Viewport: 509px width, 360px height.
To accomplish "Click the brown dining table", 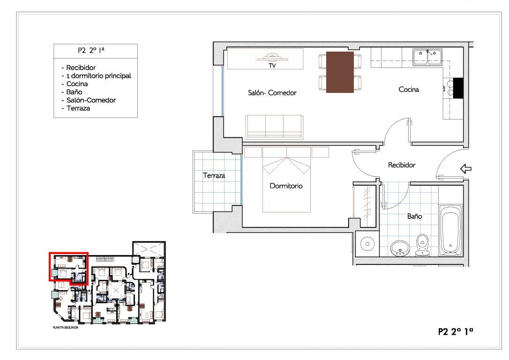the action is click(340, 72).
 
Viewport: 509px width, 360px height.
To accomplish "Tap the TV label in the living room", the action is click(272, 66).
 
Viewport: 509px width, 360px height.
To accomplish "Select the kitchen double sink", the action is click(427, 57).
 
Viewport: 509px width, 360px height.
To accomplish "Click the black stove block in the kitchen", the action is click(458, 88).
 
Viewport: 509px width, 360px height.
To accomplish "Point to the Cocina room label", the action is click(409, 89).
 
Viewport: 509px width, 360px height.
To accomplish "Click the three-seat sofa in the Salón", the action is click(274, 127).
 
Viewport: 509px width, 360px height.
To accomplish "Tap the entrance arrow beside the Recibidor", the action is click(466, 169).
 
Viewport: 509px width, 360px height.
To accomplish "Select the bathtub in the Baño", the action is click(450, 230).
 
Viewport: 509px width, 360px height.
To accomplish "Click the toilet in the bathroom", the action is click(422, 246).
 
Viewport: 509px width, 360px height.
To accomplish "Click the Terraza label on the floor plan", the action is click(214, 176).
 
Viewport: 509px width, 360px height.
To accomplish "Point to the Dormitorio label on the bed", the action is click(286, 186).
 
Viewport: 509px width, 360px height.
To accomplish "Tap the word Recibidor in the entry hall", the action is click(402, 165).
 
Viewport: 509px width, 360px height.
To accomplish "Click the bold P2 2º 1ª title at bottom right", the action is click(456, 331).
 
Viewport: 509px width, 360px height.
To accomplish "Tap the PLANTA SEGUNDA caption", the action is click(66, 328).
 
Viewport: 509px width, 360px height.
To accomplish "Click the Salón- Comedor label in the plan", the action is click(272, 93).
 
